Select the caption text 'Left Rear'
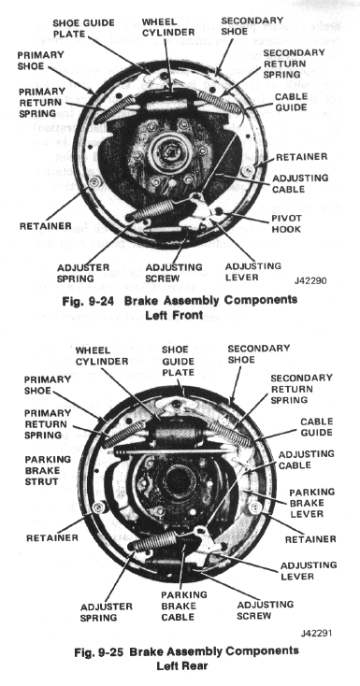tap(180, 667)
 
